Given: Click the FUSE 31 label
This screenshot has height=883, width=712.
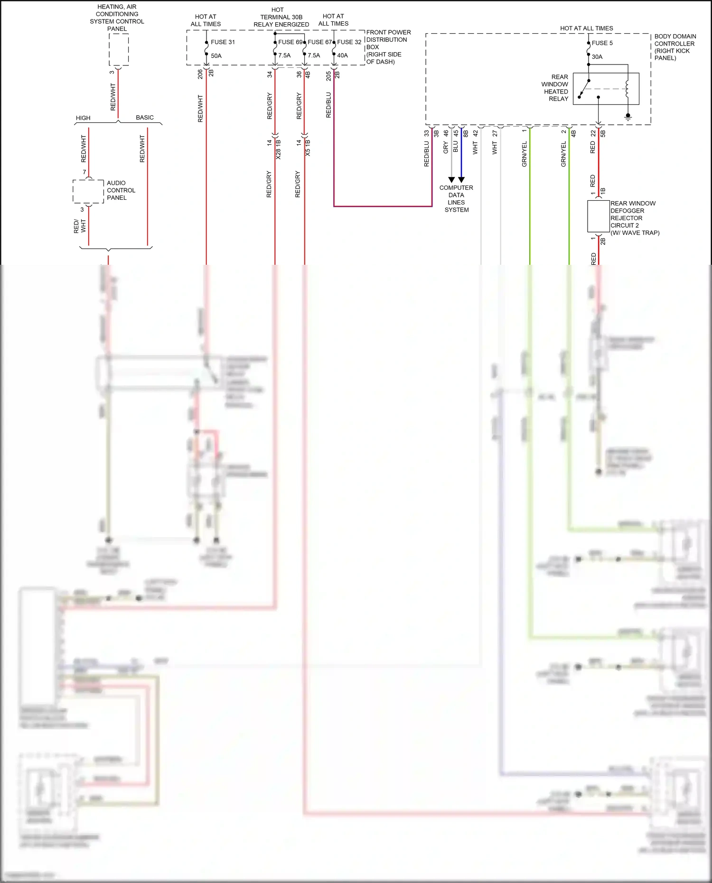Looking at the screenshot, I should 223,42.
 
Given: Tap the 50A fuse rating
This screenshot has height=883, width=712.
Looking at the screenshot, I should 216,56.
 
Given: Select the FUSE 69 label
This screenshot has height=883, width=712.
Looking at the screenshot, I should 290,42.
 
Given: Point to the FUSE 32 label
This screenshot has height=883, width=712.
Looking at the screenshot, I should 349,42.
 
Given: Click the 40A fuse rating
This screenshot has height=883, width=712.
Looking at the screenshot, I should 342,56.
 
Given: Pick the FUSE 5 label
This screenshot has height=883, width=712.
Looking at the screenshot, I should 602,43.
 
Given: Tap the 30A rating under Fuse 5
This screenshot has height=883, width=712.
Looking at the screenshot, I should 597,57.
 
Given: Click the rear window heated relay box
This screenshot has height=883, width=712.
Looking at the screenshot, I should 606,89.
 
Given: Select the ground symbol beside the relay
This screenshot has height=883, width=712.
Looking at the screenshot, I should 628,116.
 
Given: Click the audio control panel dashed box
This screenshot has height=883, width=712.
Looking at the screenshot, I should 88,191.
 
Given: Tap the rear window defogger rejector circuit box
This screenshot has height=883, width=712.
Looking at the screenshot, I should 598,216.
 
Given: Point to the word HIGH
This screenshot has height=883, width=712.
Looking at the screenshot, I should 83,118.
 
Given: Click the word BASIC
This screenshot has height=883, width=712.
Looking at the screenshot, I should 145,118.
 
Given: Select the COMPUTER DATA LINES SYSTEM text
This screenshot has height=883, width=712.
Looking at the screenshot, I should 456,198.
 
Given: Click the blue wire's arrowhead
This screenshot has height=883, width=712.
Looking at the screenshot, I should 461,180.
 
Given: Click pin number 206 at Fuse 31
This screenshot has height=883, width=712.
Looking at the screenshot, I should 200,74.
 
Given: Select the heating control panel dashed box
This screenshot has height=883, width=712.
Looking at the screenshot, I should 119,50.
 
